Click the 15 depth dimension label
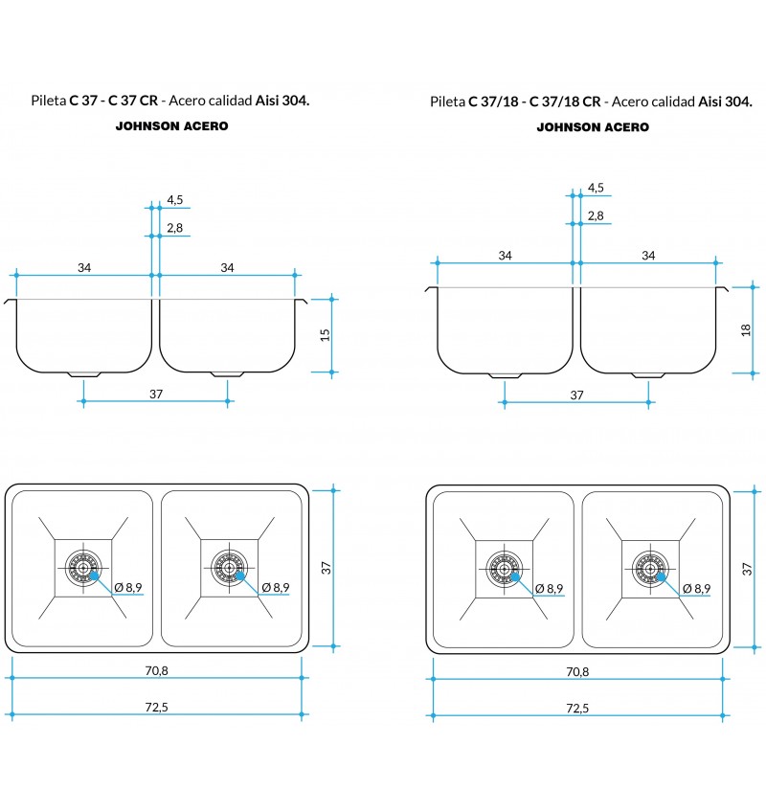(325, 335)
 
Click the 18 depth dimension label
(746, 329)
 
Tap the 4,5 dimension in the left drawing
(175, 200)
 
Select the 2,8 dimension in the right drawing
(596, 215)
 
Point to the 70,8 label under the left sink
(156, 670)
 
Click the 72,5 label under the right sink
(577, 708)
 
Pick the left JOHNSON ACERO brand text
(172, 125)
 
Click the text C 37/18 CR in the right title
(565, 101)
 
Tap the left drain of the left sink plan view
(83, 568)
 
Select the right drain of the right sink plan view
(650, 569)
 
